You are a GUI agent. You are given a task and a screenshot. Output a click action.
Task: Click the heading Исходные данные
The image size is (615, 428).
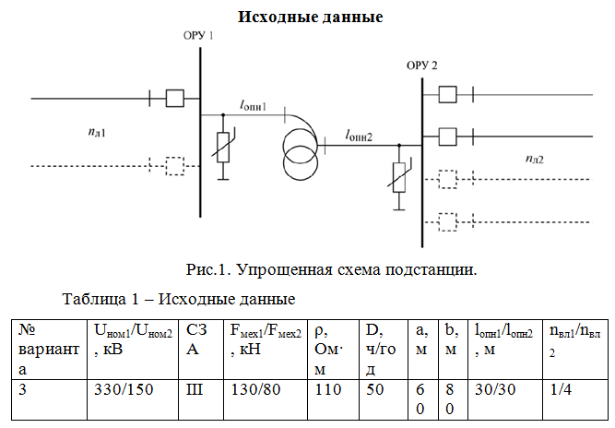[x=310, y=18]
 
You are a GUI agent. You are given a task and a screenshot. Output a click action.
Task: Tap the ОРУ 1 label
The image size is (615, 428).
[x=198, y=35]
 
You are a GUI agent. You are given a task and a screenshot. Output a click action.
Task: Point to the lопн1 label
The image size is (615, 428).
[x=253, y=107]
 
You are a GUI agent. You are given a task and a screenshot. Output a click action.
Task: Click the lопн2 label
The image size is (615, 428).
[x=359, y=136]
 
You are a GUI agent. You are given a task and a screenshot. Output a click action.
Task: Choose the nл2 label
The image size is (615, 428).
[x=534, y=159]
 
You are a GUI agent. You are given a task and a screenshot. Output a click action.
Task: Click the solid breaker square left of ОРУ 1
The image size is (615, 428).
[x=174, y=97]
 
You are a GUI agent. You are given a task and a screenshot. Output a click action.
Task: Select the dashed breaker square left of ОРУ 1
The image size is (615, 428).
[x=174, y=166]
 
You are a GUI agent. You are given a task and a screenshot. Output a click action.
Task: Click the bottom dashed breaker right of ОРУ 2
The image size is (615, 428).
[x=448, y=221]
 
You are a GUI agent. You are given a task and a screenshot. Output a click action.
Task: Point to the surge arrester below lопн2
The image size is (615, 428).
[x=397, y=176]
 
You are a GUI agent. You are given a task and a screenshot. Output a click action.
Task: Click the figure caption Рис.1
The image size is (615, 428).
[x=332, y=270]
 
